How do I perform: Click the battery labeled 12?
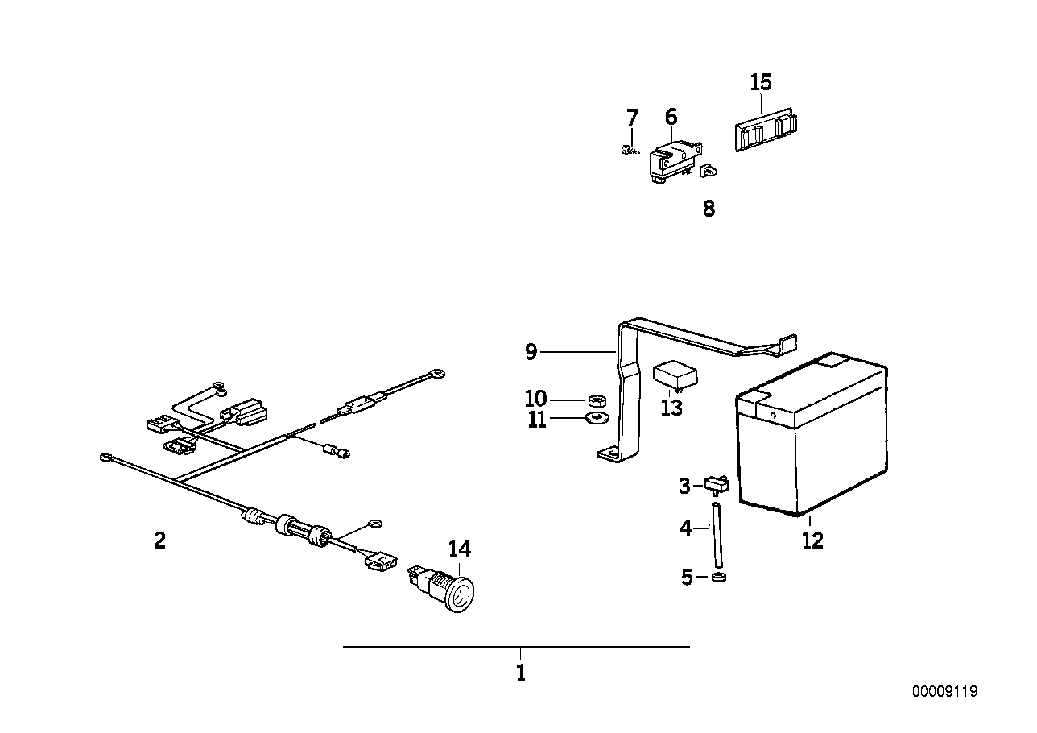click(x=813, y=439)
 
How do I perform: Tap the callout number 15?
click(x=760, y=82)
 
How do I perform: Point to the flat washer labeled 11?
click(x=596, y=418)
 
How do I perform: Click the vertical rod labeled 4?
click(x=716, y=536)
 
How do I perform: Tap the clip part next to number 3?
click(x=716, y=483)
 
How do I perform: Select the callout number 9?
click(x=531, y=352)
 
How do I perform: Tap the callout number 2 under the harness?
click(x=159, y=540)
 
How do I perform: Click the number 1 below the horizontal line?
click(x=520, y=673)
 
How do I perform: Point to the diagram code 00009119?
click(x=945, y=691)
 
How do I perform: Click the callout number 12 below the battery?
click(x=812, y=540)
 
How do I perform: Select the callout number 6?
click(x=671, y=117)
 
